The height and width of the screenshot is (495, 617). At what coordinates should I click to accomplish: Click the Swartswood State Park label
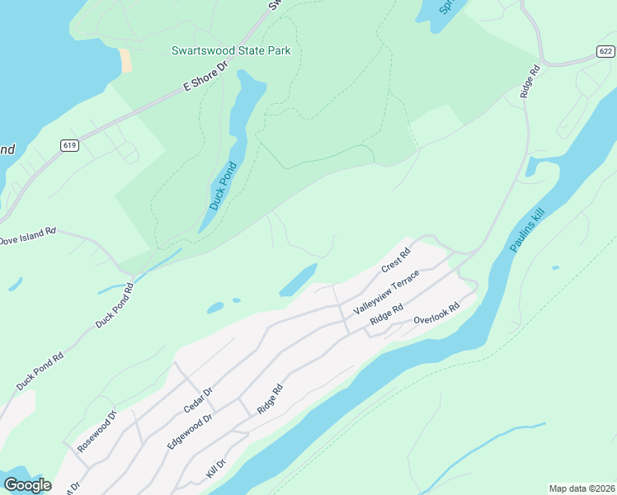pyautogui.click(x=231, y=50)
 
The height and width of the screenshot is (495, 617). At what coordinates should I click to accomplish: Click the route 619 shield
pyautogui.click(x=69, y=145)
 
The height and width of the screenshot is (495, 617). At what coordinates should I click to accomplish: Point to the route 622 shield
pyautogui.click(x=605, y=51)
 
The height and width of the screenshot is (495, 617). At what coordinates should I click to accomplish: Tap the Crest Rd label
pyautogui.click(x=396, y=262)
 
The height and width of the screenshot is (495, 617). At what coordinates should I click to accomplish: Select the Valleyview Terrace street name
pyautogui.click(x=387, y=291)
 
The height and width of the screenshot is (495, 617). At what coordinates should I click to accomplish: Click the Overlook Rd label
pyautogui.click(x=436, y=314)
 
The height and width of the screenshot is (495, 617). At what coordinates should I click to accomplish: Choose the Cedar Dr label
pyautogui.click(x=198, y=399)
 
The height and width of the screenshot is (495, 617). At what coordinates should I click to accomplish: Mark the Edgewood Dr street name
pyautogui.click(x=190, y=430)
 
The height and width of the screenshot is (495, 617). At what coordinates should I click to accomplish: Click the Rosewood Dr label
pyautogui.click(x=97, y=432)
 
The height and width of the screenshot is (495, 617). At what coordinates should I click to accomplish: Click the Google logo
pyautogui.click(x=26, y=485)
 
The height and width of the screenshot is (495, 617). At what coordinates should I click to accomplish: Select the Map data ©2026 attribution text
pyautogui.click(x=582, y=488)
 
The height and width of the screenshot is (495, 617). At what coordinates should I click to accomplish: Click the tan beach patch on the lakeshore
pyautogui.click(x=125, y=60)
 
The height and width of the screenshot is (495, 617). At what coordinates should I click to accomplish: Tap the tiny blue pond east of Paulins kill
pyautogui.click(x=555, y=267)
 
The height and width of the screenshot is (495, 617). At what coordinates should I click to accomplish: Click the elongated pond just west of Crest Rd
pyautogui.click(x=299, y=280)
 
